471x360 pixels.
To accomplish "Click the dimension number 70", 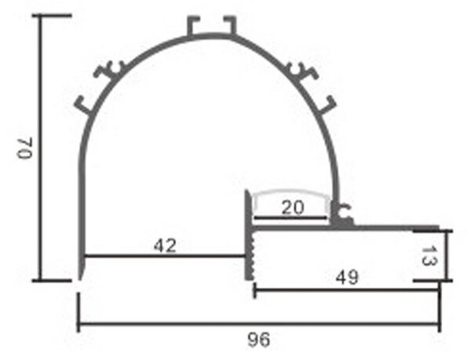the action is tap(25, 148).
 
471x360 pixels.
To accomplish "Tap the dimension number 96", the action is tap(258, 340).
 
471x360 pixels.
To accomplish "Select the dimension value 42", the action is tap(165, 246).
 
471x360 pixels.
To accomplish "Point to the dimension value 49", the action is tap(347, 278).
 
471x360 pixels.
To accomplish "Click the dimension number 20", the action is tap(292, 208).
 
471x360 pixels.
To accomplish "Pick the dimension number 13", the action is tap(429, 256).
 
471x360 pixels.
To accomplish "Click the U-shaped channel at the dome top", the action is tap(211, 26).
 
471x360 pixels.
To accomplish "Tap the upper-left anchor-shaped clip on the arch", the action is tap(109, 71).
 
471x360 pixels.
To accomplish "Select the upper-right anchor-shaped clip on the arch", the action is tap(302, 71).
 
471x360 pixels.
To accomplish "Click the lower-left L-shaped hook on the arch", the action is tap(83, 106).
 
